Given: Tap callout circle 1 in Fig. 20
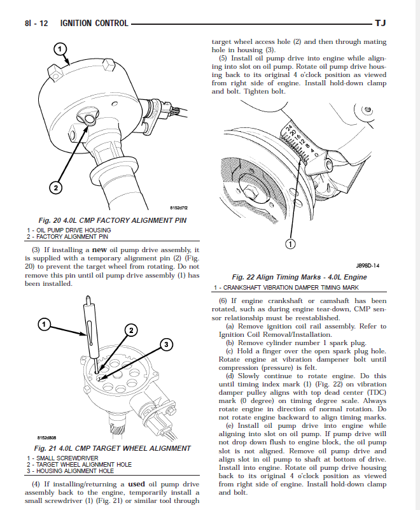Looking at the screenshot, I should tap(59, 48).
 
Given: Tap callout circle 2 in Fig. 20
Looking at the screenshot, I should tap(57, 187).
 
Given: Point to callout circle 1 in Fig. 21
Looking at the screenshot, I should tap(45, 325).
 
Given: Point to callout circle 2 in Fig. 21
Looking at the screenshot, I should tap(131, 330).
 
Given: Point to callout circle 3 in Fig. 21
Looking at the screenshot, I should tap(165, 345).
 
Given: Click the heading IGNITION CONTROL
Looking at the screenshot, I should tap(94, 24).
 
